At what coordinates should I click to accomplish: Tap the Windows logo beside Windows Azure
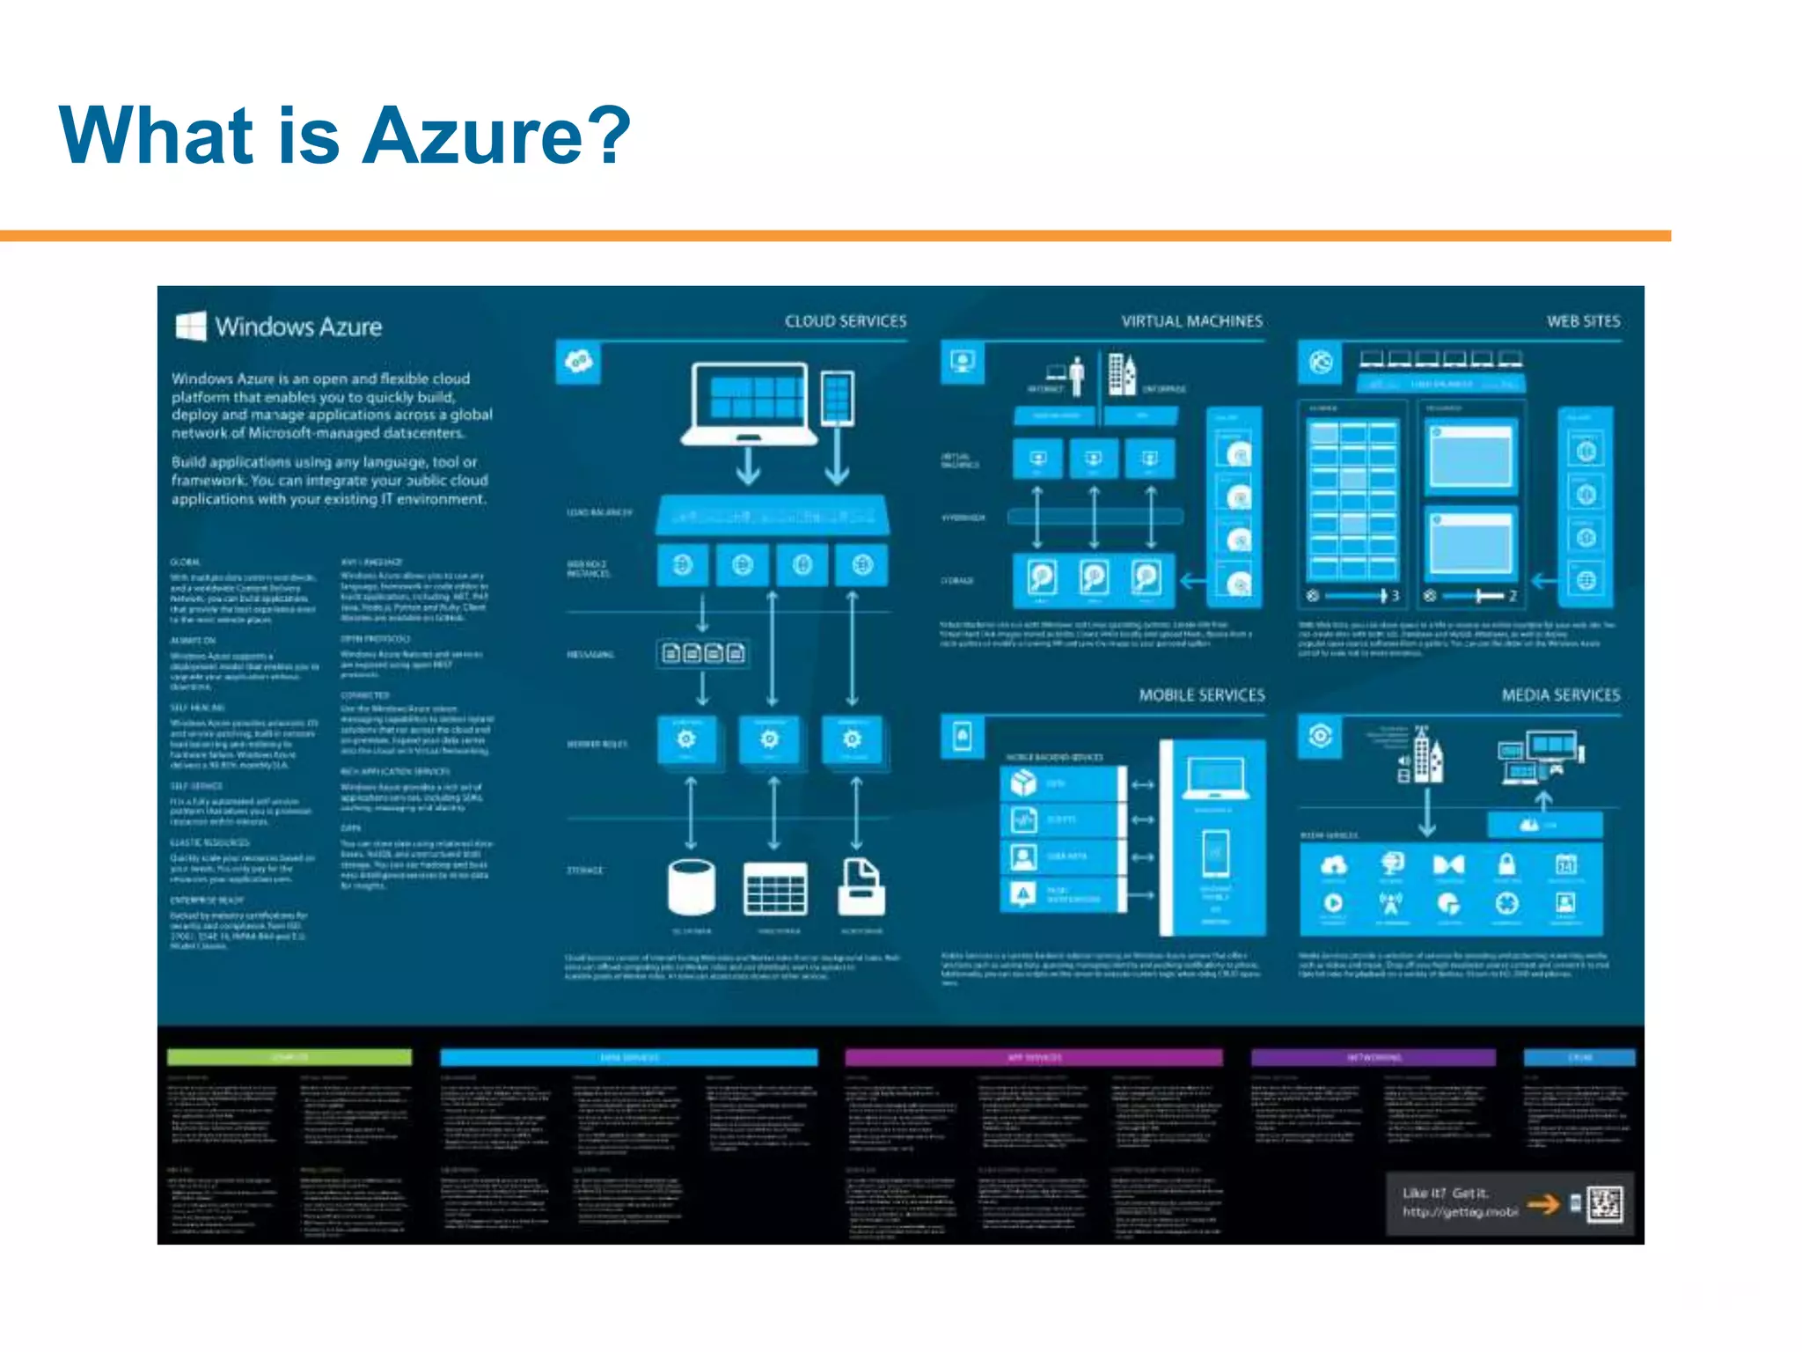pos(191,326)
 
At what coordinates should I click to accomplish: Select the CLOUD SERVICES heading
pos(845,321)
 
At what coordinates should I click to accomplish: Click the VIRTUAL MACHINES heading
pos(1191,321)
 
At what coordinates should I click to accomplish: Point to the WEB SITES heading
pos(1583,321)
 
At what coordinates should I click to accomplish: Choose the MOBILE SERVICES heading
pos(1201,695)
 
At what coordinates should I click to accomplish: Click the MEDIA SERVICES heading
pos(1560,695)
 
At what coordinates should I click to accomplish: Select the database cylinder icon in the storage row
pos(692,887)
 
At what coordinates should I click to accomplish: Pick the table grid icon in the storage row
pos(774,889)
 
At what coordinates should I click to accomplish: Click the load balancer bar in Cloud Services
pos(773,516)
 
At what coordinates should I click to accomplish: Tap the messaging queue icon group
pos(703,653)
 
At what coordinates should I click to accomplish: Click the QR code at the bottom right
pos(1604,1204)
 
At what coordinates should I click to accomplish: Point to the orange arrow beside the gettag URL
pos(1543,1203)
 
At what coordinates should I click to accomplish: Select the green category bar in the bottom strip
pos(289,1057)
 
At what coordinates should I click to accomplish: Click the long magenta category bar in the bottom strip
pos(1033,1057)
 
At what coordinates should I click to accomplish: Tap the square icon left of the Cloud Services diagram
pos(578,362)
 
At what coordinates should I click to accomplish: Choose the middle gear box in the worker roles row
pos(770,739)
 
